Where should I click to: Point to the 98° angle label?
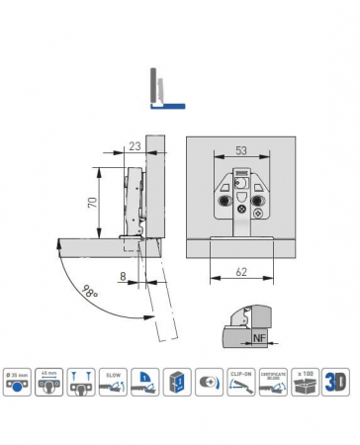(92, 294)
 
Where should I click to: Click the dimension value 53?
(240, 150)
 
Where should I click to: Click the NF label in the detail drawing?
(260, 338)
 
